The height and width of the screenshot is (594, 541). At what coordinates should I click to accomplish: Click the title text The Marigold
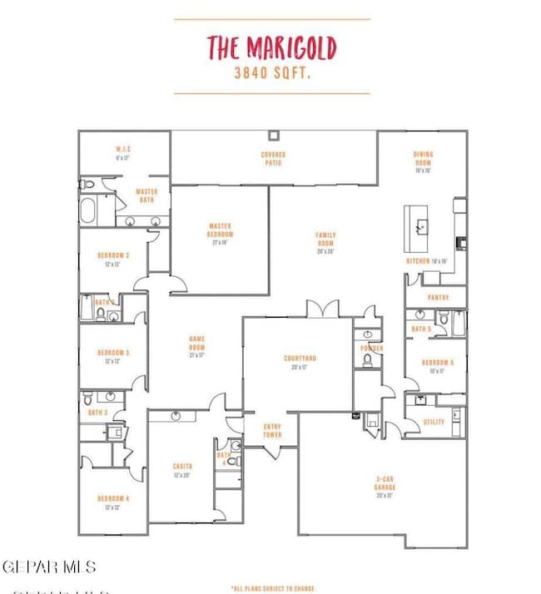[271, 48]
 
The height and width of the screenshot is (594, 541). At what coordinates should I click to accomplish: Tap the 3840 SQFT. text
[271, 73]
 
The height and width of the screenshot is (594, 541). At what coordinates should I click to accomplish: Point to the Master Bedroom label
[221, 230]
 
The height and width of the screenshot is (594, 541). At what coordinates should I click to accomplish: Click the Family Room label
[325, 239]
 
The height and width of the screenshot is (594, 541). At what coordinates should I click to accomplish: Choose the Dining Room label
[423, 158]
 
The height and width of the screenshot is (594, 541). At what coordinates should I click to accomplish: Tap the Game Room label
[197, 342]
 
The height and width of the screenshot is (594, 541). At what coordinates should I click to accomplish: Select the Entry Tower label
[272, 432]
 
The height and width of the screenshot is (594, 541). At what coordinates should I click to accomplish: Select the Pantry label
[438, 297]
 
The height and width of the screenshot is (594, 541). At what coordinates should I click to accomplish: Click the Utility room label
[434, 422]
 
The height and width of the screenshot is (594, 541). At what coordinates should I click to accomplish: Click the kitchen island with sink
[420, 227]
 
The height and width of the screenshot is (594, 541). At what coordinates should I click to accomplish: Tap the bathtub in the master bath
[89, 209]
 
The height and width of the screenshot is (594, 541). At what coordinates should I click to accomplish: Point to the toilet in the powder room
[367, 360]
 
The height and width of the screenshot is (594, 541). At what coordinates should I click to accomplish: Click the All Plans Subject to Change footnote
[272, 588]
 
